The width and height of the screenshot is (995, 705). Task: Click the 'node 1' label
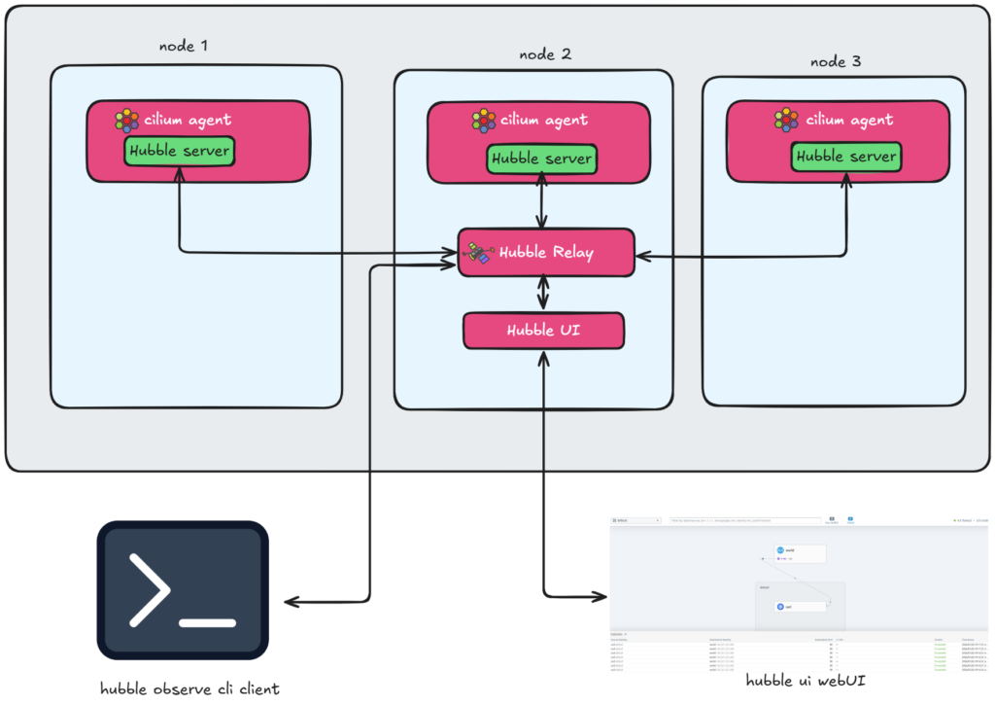point(183,46)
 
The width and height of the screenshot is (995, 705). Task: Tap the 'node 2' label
point(545,54)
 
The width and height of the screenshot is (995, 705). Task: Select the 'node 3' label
point(835,62)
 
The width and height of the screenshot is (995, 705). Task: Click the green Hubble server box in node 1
point(179,151)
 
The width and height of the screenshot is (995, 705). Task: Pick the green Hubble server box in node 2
point(541,159)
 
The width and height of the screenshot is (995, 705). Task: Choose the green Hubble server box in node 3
point(845,156)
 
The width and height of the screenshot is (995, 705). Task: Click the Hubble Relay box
point(546,253)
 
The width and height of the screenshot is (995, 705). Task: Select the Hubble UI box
point(543,331)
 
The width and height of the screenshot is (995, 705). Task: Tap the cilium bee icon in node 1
point(126,121)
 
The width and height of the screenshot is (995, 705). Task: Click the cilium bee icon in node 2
point(483,122)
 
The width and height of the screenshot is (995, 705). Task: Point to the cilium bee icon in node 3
point(786,120)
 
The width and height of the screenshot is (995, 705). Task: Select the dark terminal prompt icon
point(182,590)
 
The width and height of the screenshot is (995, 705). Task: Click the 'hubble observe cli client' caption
point(189,688)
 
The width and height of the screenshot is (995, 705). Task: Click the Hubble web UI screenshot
point(801,587)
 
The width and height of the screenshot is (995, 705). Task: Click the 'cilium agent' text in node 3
point(851,121)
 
